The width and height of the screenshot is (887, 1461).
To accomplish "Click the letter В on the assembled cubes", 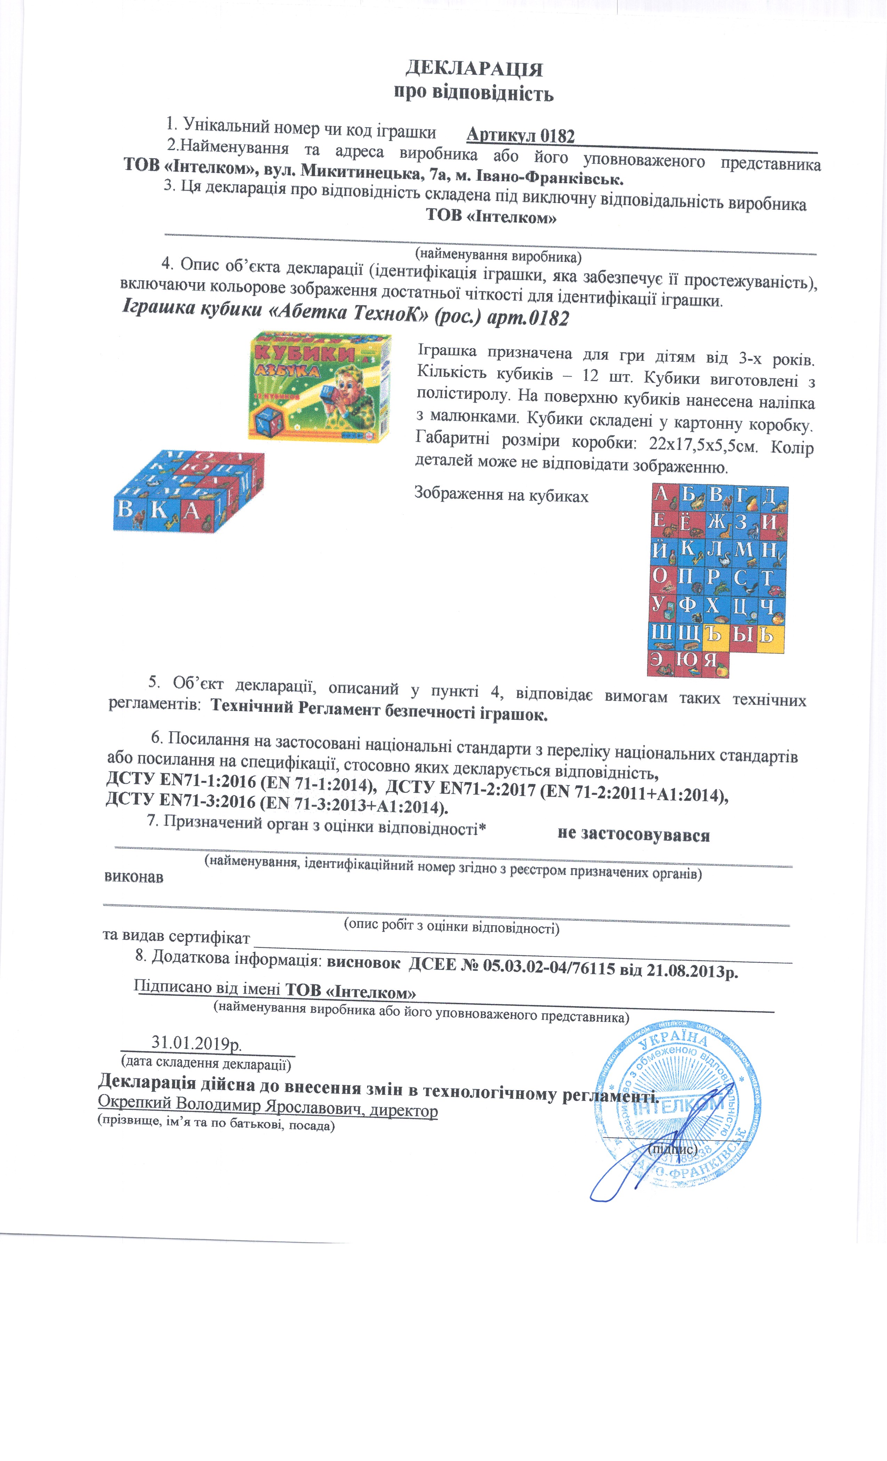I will (126, 509).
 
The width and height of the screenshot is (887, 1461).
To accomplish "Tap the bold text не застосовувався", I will (633, 835).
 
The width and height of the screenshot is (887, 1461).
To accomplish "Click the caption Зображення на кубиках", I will (501, 495).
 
